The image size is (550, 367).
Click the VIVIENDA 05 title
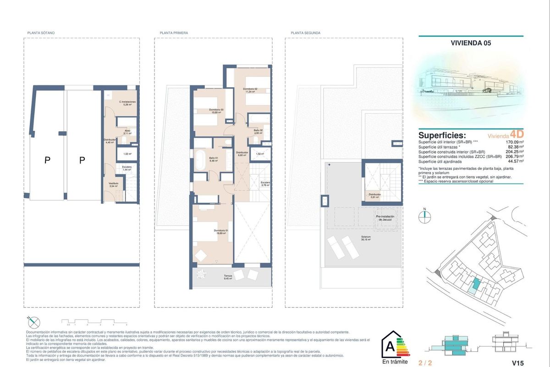coord(471,44)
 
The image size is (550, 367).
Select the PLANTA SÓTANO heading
coord(41,33)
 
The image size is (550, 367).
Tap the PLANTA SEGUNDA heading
coord(305,33)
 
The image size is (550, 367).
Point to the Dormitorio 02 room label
coord(250,90)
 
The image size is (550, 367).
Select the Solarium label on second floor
coord(365,238)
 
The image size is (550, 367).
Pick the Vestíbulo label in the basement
coord(113,184)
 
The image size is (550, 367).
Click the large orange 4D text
coord(516,134)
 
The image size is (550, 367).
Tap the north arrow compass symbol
coord(425,216)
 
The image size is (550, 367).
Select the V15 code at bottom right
coord(517,363)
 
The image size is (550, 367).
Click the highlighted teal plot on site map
coord(477,285)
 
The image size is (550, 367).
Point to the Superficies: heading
coord(442,136)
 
